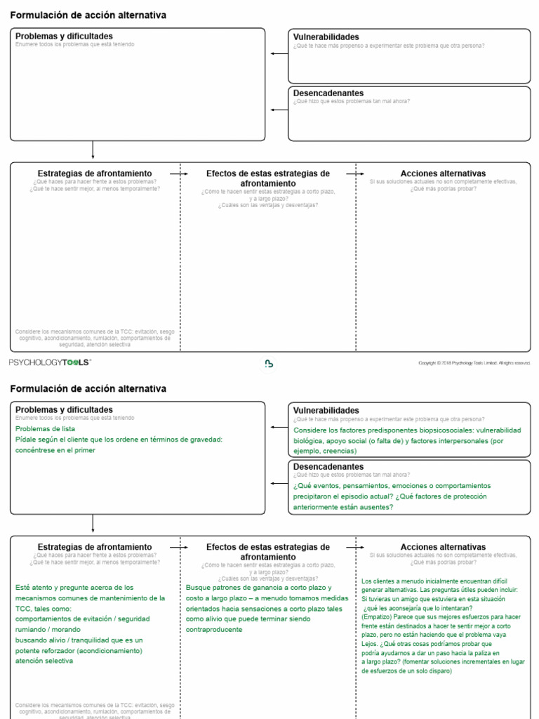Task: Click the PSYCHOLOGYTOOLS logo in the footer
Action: click(x=50, y=362)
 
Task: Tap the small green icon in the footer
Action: click(x=269, y=363)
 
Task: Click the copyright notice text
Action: click(x=474, y=363)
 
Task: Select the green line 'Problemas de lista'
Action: click(x=45, y=428)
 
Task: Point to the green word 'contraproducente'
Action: click(x=214, y=629)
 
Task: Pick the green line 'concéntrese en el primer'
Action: click(x=55, y=450)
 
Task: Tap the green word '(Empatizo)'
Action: click(x=377, y=616)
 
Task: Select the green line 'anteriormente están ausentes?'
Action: click(x=343, y=507)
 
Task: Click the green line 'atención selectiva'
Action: click(x=45, y=661)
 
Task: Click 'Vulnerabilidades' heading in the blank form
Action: click(x=326, y=37)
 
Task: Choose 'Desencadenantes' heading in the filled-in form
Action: click(x=328, y=466)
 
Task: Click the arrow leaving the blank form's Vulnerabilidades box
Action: click(x=279, y=53)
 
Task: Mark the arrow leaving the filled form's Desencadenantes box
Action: click(x=279, y=483)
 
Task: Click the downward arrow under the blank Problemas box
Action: click(x=93, y=150)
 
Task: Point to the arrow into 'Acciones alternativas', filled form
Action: click(x=355, y=547)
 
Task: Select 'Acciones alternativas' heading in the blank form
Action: click(x=443, y=173)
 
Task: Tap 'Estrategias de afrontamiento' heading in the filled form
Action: click(x=94, y=547)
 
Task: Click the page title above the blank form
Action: click(x=88, y=15)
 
